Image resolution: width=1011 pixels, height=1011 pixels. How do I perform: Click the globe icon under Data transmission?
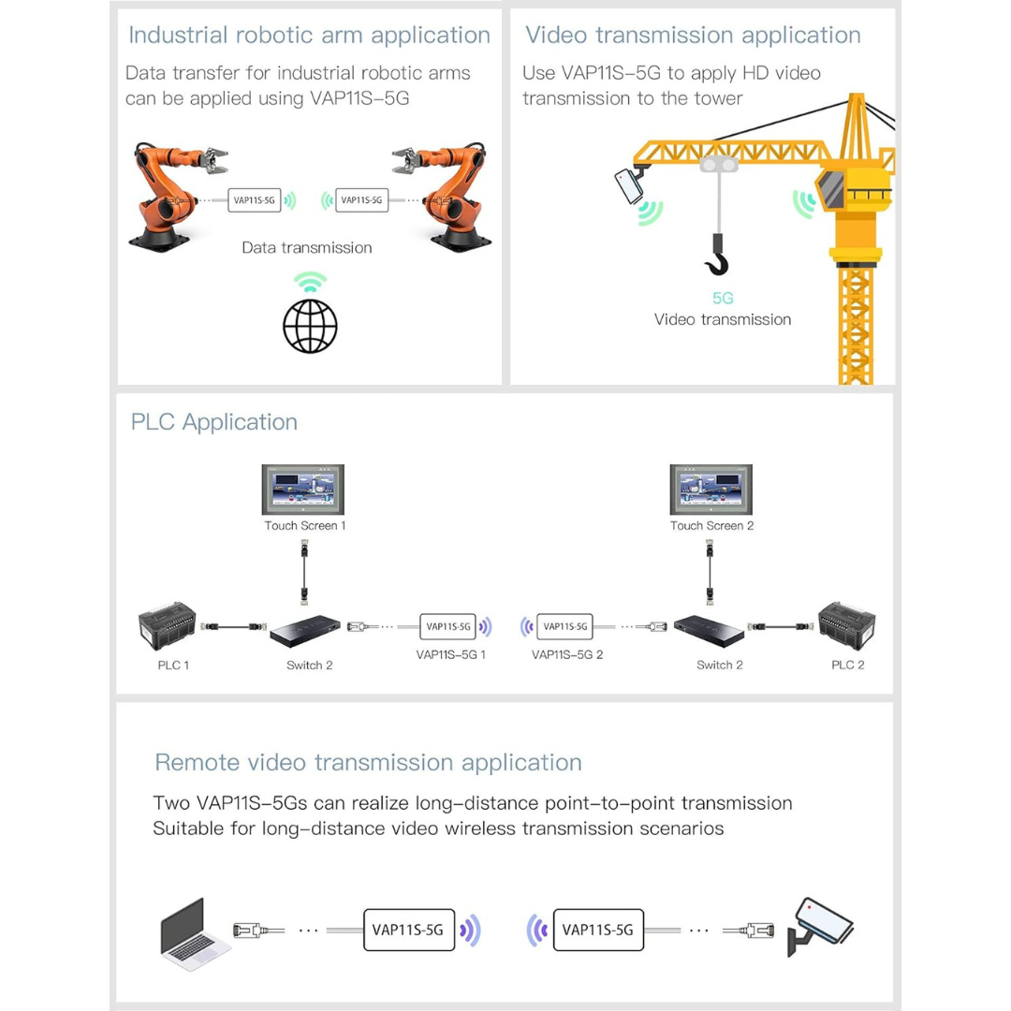[310, 327]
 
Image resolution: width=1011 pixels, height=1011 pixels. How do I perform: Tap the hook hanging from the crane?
[717, 255]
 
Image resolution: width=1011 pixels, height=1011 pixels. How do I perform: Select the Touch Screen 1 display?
[303, 489]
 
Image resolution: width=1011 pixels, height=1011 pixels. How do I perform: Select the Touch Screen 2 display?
[711, 489]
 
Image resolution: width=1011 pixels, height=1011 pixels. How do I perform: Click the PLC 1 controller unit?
[167, 624]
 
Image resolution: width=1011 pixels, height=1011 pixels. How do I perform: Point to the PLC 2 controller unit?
[847, 624]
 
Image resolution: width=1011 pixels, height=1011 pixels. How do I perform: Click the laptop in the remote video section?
[193, 934]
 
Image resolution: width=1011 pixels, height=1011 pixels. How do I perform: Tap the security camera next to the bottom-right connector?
[820, 927]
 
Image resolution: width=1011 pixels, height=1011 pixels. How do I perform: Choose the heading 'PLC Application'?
[214, 421]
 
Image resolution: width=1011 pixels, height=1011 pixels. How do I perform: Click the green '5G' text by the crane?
[723, 298]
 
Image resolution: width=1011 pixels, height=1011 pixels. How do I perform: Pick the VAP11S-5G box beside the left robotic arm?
[254, 200]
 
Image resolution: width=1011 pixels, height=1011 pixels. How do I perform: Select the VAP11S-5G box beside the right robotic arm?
[361, 200]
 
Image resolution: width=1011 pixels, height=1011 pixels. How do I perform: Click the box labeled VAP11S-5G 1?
[448, 626]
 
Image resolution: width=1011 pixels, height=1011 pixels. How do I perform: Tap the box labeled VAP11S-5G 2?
[564, 626]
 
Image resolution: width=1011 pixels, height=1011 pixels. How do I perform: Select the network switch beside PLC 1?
[305, 631]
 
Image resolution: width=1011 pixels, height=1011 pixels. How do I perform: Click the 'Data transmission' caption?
[307, 247]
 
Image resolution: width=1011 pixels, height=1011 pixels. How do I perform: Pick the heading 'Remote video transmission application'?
[368, 762]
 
